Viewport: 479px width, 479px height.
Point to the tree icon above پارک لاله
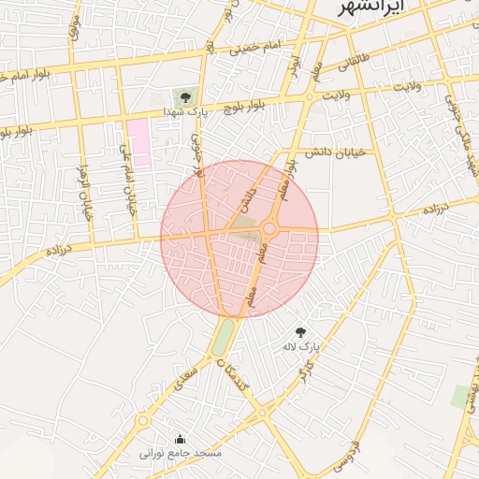tap(300, 332)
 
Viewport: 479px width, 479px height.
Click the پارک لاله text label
tap(301, 347)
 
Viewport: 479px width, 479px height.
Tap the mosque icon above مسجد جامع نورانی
tap(181, 439)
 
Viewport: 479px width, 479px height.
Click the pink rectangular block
tap(138, 142)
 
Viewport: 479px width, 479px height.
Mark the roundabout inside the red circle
tap(269, 228)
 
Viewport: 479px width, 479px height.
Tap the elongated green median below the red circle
tap(223, 338)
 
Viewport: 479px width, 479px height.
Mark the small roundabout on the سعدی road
tap(143, 421)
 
